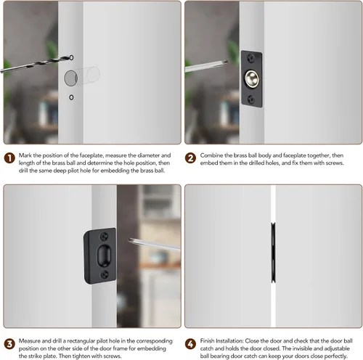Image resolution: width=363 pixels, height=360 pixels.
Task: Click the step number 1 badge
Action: click(x=9, y=158)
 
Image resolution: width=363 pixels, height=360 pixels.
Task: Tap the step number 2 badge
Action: click(x=190, y=158)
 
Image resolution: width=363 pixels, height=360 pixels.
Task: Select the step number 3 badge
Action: click(x=9, y=344)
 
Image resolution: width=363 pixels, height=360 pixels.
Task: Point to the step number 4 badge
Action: click(x=190, y=344)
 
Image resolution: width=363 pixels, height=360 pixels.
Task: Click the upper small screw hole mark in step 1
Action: click(x=71, y=57)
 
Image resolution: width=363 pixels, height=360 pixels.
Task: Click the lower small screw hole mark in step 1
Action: click(x=71, y=97)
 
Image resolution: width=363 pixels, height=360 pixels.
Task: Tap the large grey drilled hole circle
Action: click(x=70, y=78)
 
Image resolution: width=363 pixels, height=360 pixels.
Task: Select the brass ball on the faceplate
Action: click(x=252, y=78)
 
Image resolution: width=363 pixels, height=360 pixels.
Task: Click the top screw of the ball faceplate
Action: click(x=250, y=58)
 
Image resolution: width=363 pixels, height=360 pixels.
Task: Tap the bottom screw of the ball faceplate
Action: click(x=251, y=99)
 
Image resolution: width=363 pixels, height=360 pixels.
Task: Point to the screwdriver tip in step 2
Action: click(x=225, y=62)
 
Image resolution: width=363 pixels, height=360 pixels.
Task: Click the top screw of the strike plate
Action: click(x=104, y=236)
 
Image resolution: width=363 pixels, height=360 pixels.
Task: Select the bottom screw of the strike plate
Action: click(x=105, y=274)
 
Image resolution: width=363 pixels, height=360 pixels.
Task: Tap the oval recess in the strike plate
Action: click(x=105, y=255)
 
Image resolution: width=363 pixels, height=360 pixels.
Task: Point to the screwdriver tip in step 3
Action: click(x=131, y=240)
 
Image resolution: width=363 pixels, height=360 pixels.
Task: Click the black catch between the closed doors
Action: click(x=273, y=253)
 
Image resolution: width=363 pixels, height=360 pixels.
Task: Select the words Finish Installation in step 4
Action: click(x=221, y=341)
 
